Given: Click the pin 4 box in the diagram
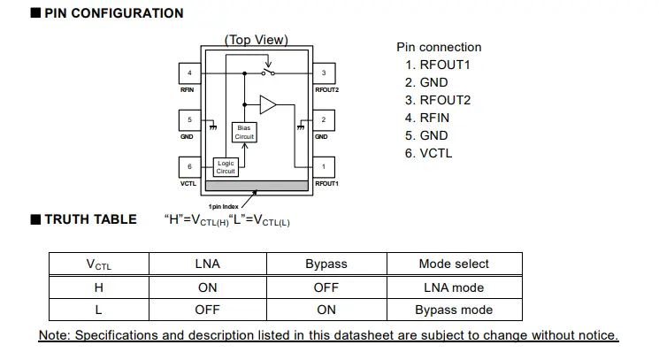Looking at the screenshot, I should click(189, 73).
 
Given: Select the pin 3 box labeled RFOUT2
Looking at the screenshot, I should click(324, 73).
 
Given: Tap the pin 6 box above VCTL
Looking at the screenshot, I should click(189, 166).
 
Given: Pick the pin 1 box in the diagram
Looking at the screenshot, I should click(324, 166).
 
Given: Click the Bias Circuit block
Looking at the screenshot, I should click(244, 133).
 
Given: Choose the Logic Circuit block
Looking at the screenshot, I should click(226, 166).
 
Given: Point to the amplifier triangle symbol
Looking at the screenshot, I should click(267, 104).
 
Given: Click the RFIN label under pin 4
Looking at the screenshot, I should click(187, 89).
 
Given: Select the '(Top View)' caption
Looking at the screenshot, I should click(257, 40).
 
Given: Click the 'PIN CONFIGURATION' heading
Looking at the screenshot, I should click(114, 13).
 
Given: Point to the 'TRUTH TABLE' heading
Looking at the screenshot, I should click(90, 219).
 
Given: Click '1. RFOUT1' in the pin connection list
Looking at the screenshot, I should click(438, 65).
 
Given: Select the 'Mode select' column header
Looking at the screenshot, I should click(454, 264).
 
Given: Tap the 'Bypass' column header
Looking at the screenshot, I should click(326, 264).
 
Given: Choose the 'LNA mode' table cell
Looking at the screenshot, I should click(454, 287).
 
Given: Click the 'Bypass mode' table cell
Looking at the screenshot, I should click(454, 310).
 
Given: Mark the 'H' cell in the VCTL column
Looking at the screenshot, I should click(98, 287).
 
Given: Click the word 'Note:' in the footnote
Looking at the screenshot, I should click(55, 335).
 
